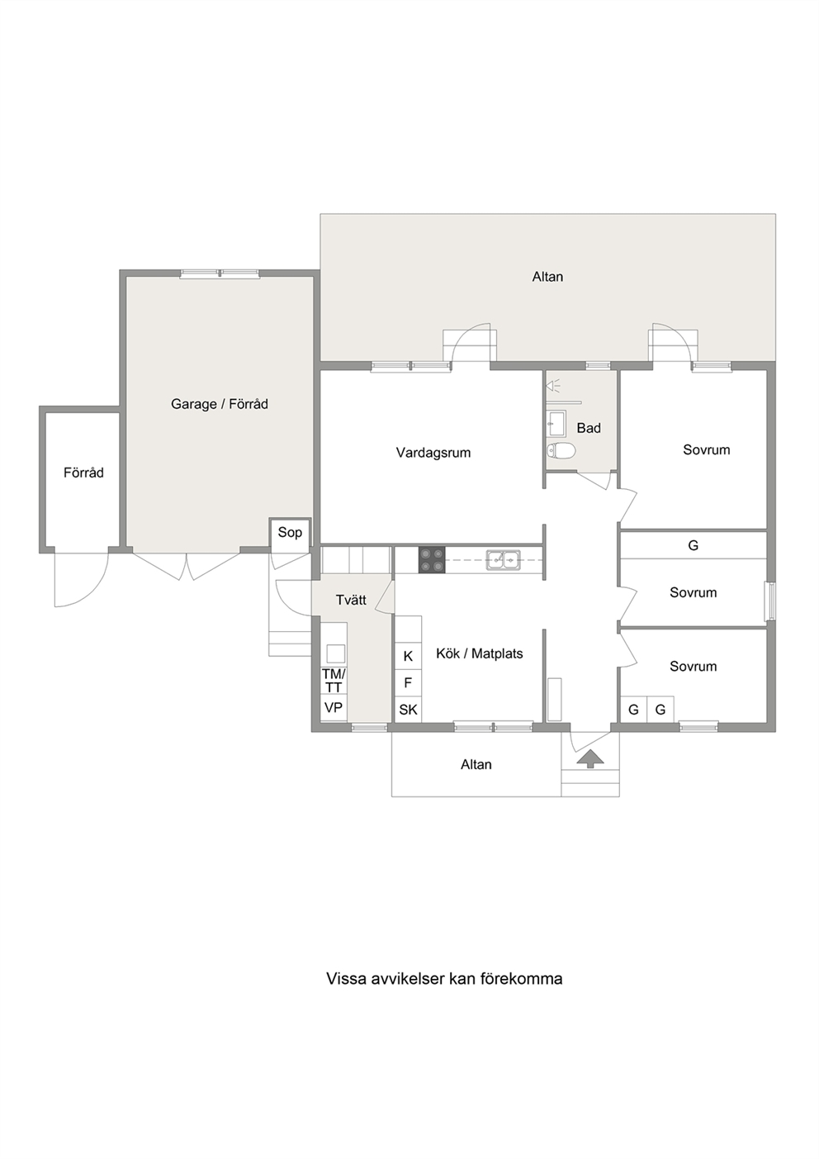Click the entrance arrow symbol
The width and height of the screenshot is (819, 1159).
point(590,759)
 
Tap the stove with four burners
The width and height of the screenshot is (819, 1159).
point(432,559)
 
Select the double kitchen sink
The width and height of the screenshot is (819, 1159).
point(503,559)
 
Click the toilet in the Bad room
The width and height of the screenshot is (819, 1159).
point(561,451)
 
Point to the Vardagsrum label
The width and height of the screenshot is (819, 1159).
point(433,453)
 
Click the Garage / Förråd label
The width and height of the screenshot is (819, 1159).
point(220,404)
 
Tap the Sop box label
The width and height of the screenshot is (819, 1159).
point(290,533)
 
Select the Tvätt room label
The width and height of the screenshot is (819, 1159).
point(351,600)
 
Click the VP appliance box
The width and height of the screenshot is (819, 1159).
point(334,707)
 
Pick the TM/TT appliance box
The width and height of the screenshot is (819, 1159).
point(334,681)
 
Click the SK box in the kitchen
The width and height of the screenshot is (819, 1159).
point(408,710)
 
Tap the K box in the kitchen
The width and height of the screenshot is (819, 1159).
point(408,656)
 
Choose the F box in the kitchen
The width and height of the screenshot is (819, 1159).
point(408,683)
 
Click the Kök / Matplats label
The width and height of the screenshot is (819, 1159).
point(480,654)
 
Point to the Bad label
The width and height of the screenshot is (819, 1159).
point(589,428)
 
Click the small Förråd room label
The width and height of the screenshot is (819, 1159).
point(83,473)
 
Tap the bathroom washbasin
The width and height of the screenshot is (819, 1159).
point(556,424)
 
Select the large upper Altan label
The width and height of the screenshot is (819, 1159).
point(547,277)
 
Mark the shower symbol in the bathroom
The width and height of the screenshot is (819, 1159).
point(554,385)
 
